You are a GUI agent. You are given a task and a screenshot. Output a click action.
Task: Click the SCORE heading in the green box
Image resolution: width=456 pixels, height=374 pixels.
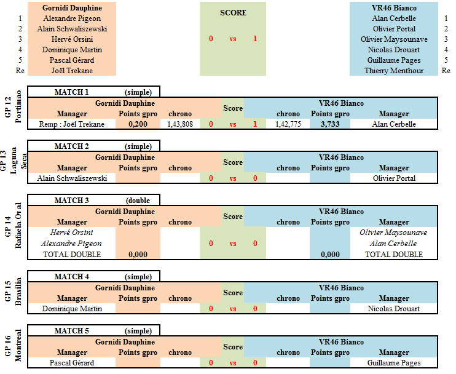coord(233,13)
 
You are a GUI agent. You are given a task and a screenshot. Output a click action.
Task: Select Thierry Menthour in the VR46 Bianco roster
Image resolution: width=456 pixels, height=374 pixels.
coord(394,71)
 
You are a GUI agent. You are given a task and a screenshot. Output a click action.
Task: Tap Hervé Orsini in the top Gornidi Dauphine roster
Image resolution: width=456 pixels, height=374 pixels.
coord(72,39)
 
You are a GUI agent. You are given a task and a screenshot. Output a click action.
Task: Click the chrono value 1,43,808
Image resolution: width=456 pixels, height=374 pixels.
coord(180,124)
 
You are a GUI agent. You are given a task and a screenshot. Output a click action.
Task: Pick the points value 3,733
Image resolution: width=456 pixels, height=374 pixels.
coord(330,124)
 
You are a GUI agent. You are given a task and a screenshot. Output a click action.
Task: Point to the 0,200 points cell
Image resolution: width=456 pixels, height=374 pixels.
coord(138,124)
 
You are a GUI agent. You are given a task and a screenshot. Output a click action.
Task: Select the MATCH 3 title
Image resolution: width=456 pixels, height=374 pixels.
coord(71,201)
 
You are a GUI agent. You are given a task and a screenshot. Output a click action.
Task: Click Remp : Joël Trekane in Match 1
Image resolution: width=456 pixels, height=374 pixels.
coord(72,124)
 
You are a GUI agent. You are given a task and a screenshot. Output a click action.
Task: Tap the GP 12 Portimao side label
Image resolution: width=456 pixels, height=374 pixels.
coord(14,107)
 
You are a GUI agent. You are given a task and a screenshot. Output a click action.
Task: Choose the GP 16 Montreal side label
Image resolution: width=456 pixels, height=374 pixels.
coord(14,346)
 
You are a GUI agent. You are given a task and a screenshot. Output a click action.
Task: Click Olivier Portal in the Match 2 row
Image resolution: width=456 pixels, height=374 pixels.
coord(394,178)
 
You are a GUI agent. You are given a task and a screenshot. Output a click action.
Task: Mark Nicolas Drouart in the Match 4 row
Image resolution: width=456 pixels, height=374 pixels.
coord(394,309)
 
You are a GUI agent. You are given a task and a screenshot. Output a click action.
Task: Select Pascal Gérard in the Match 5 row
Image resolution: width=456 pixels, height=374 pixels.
coord(72,363)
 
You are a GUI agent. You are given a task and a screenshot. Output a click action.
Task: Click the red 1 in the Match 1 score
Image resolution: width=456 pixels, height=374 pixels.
coord(255,124)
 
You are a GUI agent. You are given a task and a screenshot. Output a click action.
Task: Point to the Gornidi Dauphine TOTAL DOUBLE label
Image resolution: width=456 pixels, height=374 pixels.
coord(72,255)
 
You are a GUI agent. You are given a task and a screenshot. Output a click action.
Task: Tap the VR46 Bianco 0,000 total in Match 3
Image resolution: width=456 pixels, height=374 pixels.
coord(330,255)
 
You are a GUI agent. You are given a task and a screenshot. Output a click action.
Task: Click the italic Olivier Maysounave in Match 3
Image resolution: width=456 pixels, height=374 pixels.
coord(393,233)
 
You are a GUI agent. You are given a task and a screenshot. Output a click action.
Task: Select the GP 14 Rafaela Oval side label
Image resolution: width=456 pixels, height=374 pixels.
coord(14,226)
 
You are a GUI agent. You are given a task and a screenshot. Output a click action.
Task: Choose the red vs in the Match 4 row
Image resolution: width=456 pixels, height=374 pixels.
coord(233,309)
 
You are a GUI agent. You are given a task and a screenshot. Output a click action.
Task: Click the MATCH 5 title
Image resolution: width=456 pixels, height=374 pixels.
coord(71,331)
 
